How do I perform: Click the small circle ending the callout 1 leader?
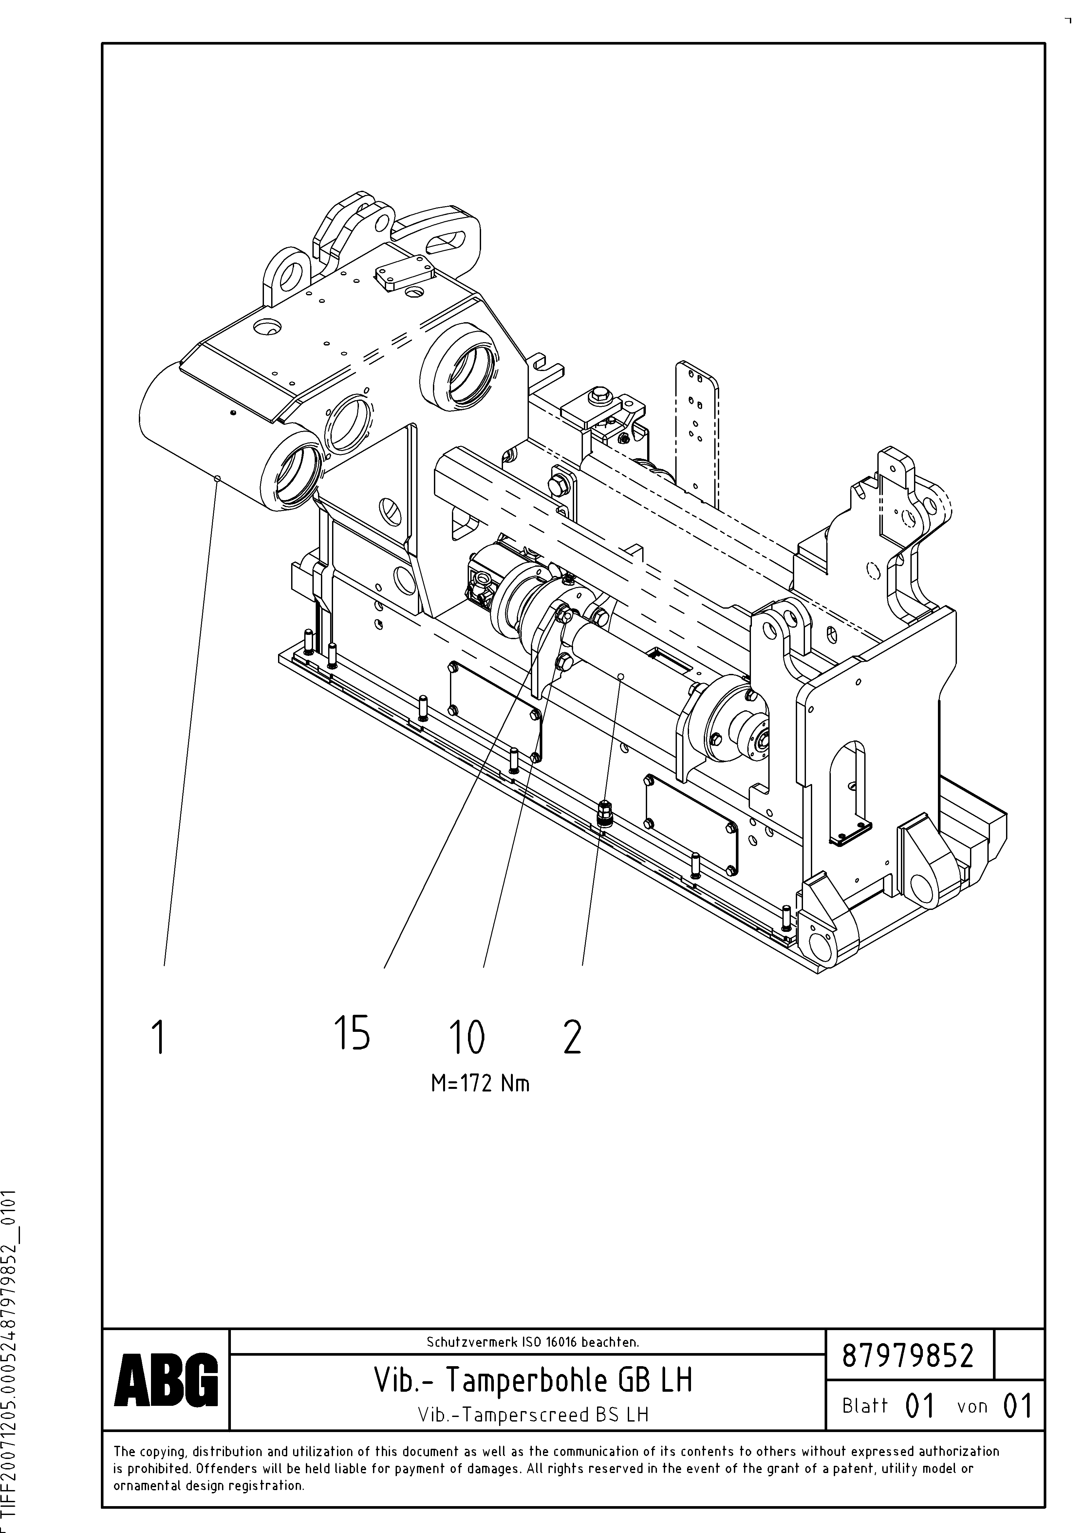pos(217,478)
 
